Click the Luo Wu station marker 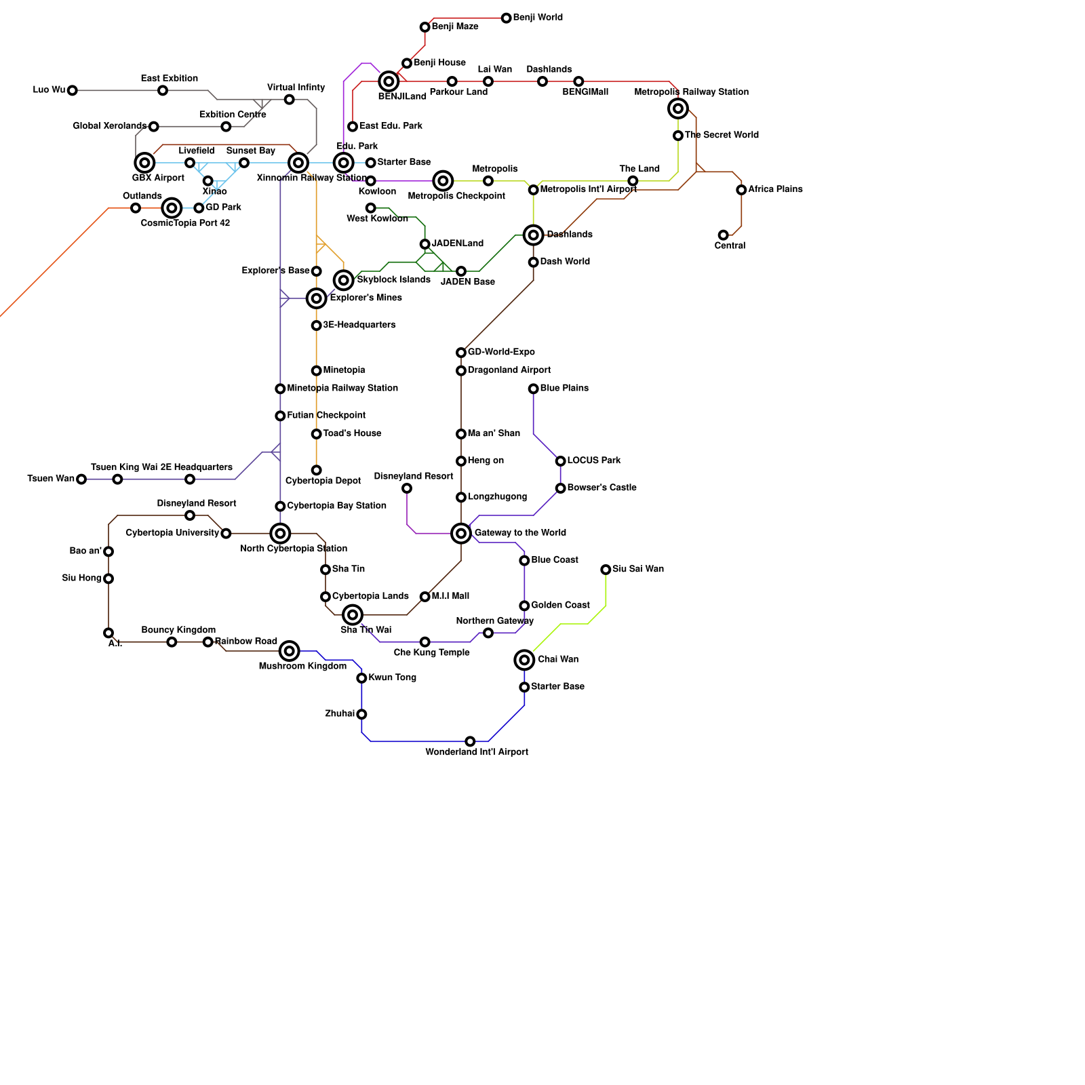[x=73, y=90]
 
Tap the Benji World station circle [x=506, y=18]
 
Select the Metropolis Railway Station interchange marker [x=678, y=108]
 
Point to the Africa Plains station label [x=775, y=189]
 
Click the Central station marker [x=723, y=235]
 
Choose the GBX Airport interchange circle [x=144, y=163]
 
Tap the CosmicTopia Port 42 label [x=185, y=223]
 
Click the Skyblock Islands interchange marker [x=344, y=280]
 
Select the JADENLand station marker [x=425, y=244]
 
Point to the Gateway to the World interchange [x=461, y=534]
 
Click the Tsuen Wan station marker [x=81, y=479]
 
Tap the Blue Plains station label [x=564, y=389]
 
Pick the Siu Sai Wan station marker [x=606, y=570]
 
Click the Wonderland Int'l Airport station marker [x=470, y=741]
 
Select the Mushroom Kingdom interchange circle [x=290, y=651]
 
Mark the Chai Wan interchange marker [x=524, y=660]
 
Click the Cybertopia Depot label [x=323, y=481]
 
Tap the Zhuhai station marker [x=361, y=714]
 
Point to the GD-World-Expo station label [x=501, y=352]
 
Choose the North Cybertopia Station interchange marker [x=280, y=534]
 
